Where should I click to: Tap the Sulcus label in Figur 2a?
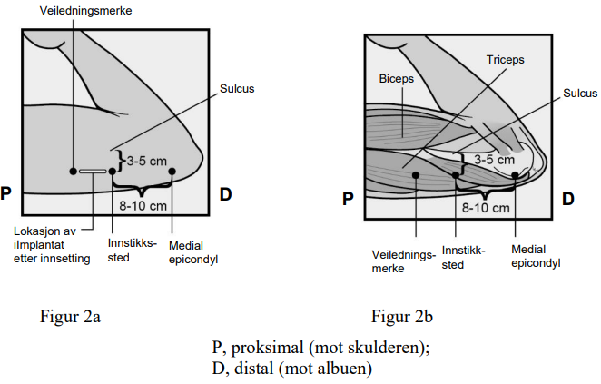[x=238, y=91]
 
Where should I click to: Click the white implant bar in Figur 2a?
[x=92, y=171]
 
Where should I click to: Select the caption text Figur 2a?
[x=67, y=316]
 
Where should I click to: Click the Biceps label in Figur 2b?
[x=396, y=79]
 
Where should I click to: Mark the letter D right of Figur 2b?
[x=568, y=198]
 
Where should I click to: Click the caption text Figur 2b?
[x=400, y=316]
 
